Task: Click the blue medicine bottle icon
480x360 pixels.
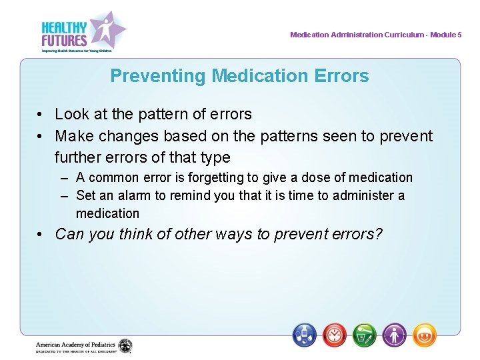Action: point(305,334)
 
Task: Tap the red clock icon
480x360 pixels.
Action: point(335,334)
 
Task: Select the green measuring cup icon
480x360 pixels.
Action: point(365,334)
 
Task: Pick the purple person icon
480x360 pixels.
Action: point(394,334)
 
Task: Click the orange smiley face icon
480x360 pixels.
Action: point(424,334)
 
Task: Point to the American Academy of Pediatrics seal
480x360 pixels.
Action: point(125,346)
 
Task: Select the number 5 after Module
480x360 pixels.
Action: point(459,35)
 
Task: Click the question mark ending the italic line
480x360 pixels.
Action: point(378,234)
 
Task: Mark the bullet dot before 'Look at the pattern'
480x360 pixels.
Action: point(41,115)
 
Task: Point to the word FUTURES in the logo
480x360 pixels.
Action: point(64,39)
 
